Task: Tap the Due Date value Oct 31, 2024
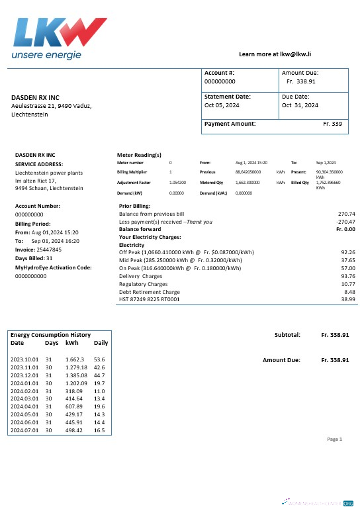(300, 105)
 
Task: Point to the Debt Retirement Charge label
(149, 291)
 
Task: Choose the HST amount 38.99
(348, 299)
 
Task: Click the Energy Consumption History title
(50, 335)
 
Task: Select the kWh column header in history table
(71, 343)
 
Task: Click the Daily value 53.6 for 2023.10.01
(100, 359)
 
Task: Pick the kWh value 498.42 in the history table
(75, 431)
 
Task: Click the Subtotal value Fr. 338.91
(336, 335)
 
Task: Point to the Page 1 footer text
(334, 439)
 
